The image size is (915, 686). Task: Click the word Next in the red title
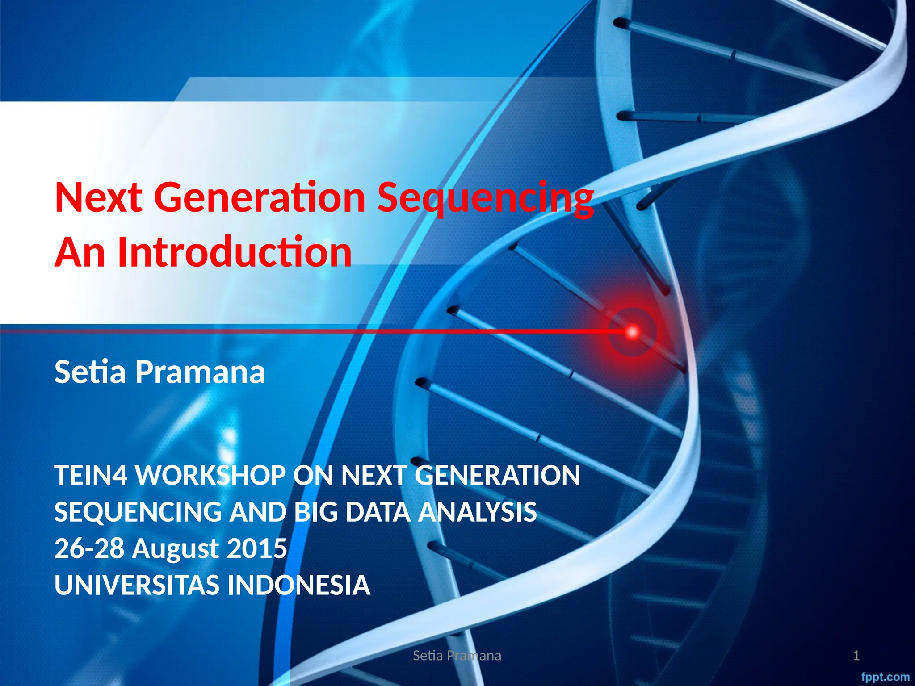(x=98, y=198)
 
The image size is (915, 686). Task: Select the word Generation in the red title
(x=260, y=198)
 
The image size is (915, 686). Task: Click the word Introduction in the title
(x=235, y=252)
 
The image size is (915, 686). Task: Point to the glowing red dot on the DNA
(x=633, y=332)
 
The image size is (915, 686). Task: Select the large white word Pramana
(x=200, y=372)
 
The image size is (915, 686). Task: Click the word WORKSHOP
(x=210, y=475)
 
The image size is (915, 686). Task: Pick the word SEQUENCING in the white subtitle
(x=138, y=512)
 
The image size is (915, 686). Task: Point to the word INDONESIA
(x=299, y=585)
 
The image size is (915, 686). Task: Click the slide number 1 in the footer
(x=856, y=656)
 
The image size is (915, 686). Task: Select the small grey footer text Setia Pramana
(x=457, y=656)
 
